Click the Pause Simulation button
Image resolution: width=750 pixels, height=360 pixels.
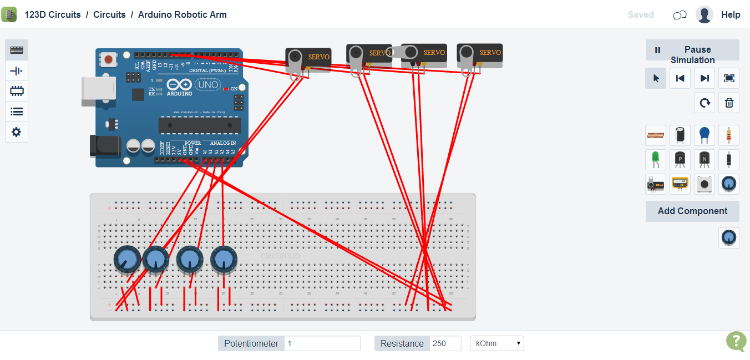coord(692,50)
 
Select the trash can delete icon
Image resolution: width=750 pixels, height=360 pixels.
coord(729,103)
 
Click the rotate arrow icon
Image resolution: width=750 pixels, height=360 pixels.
coord(705,103)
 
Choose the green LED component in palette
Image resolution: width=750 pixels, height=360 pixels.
coord(656,160)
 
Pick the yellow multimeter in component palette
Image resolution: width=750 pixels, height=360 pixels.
coord(680,184)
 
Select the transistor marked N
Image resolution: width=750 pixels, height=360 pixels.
coord(705,160)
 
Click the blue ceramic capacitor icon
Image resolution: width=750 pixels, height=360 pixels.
coord(705,135)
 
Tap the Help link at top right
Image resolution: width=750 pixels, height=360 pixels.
coord(731,15)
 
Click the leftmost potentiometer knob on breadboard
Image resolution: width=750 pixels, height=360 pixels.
coord(127,259)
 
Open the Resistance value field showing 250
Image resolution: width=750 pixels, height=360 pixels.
coord(445,343)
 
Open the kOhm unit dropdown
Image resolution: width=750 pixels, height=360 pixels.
coord(496,343)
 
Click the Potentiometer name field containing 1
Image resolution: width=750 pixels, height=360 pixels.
coord(322,343)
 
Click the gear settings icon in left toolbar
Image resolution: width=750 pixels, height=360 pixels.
coord(17,132)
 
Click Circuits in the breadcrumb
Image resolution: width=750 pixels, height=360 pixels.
coord(109,15)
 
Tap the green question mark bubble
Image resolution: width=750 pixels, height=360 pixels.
coord(736,341)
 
